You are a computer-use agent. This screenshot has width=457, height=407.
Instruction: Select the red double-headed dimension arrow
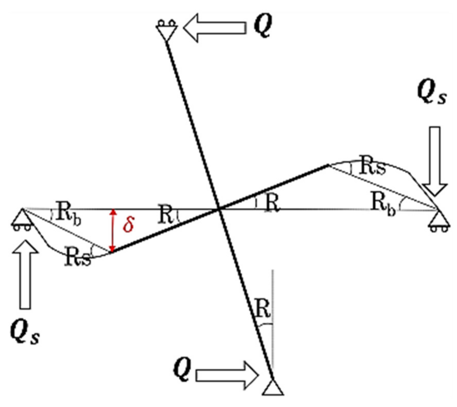click(x=112, y=230)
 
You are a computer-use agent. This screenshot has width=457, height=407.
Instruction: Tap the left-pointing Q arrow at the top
click(x=215, y=28)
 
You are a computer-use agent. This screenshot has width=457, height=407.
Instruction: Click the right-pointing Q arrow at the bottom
click(x=227, y=375)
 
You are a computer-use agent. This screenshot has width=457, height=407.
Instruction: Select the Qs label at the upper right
click(x=432, y=93)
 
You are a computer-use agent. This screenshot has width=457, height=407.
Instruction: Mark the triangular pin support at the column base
click(x=273, y=387)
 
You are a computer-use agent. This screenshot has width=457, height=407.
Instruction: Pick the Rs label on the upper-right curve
click(x=373, y=166)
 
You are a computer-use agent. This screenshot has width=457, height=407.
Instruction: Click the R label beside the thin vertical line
click(x=263, y=308)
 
